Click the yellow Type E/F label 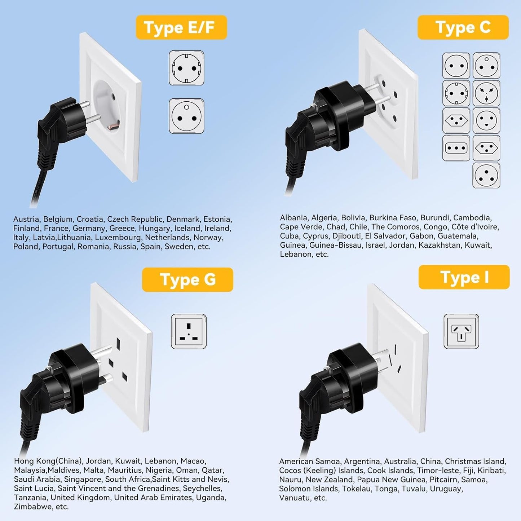coord(181,27)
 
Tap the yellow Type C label coord(463,27)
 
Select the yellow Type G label coord(187,280)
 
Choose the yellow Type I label coord(464,277)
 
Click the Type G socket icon coord(189,331)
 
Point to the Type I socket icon coord(461,331)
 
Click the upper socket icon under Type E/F coord(186,68)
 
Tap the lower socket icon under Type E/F coord(186,116)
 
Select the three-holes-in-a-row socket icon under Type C coord(456,148)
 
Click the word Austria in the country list coord(26,219)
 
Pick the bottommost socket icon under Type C coord(486,175)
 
